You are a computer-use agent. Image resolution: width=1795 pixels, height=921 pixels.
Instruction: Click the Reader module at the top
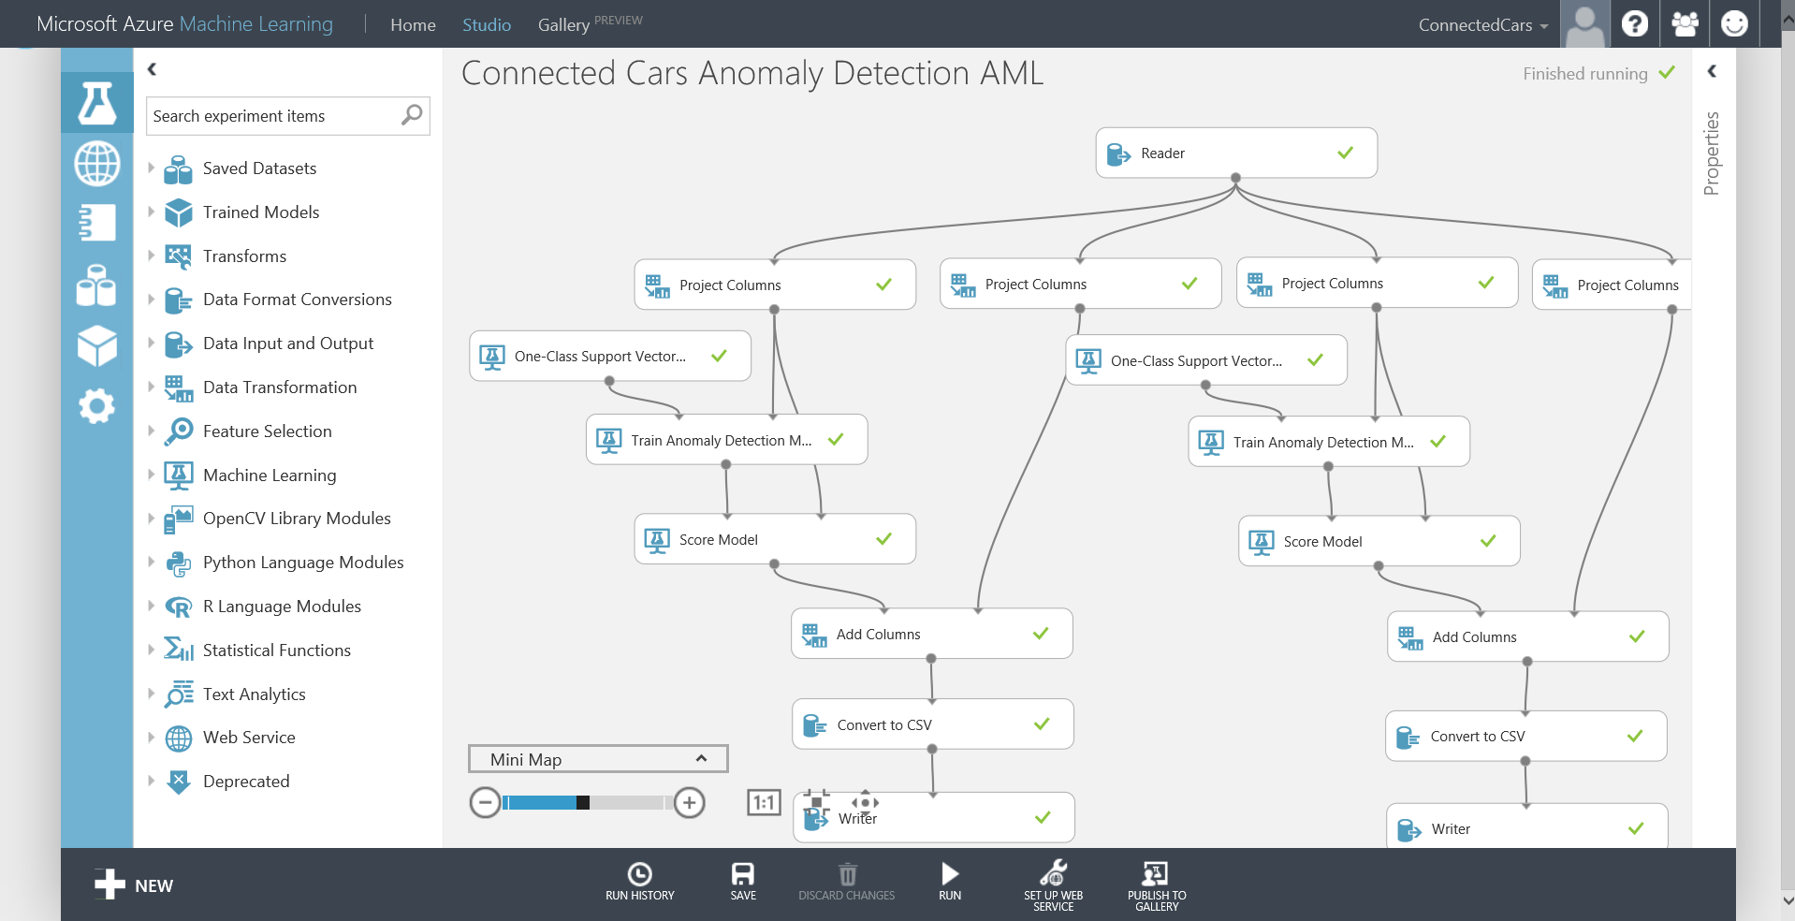point(1235,153)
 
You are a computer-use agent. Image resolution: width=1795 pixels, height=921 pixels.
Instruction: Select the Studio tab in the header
point(486,24)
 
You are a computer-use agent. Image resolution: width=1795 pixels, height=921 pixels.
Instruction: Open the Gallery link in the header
point(563,24)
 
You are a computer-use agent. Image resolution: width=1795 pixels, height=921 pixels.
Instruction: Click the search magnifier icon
point(412,115)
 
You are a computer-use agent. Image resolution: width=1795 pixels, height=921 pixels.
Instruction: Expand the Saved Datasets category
point(259,168)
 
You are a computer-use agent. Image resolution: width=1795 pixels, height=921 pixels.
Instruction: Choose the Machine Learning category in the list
point(270,475)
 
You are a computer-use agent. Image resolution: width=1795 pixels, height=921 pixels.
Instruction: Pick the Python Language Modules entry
point(303,563)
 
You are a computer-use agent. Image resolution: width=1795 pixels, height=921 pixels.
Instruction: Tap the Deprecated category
point(246,782)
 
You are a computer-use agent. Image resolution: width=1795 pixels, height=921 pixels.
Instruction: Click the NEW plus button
point(134,884)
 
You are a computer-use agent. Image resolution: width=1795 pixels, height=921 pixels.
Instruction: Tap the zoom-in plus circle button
point(690,803)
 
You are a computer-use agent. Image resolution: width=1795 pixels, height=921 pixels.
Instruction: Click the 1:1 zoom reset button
point(764,803)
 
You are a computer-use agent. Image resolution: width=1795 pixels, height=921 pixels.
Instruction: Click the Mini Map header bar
point(597,759)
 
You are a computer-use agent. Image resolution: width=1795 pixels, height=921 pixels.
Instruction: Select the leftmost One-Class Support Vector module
point(609,357)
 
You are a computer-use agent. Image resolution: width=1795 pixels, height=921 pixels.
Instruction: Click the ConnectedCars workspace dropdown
point(1482,25)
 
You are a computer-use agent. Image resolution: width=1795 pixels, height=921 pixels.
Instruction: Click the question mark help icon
point(1635,23)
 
